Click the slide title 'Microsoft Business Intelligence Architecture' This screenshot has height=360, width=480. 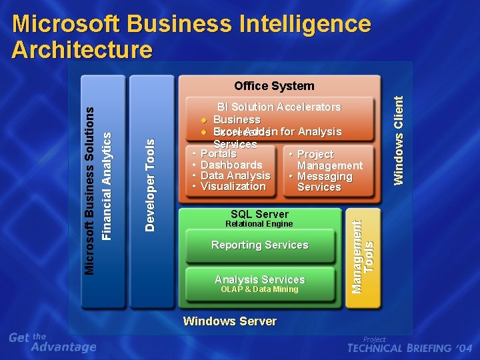[x=192, y=37]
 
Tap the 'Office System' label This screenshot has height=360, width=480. [x=274, y=86]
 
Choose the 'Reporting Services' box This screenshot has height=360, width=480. [x=260, y=245]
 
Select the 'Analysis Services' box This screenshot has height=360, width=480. [x=260, y=279]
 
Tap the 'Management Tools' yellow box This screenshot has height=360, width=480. [x=363, y=259]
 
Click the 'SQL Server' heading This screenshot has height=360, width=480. [x=259, y=214]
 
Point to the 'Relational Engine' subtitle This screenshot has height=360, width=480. [x=259, y=224]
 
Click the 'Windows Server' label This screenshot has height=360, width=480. [x=229, y=321]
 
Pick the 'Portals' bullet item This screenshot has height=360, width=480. [x=218, y=154]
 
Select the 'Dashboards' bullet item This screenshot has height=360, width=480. [x=231, y=165]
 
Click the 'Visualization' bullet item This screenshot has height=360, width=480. [x=233, y=187]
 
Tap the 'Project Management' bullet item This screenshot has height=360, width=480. [x=327, y=160]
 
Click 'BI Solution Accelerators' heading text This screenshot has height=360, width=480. [x=279, y=107]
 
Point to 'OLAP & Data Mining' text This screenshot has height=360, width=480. [x=259, y=289]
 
